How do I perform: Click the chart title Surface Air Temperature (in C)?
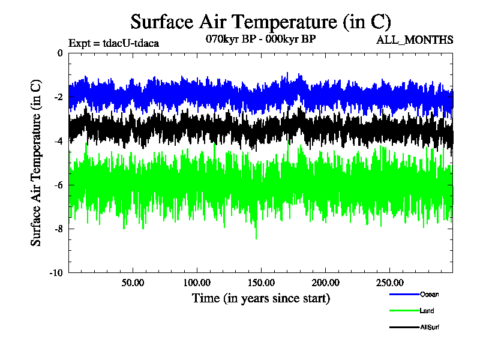[x=260, y=22]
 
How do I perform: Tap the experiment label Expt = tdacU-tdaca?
[x=113, y=43]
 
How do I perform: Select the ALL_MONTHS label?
[x=414, y=40]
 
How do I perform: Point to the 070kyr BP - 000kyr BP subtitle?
[x=260, y=38]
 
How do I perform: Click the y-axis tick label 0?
[x=59, y=53]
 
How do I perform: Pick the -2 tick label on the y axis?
[x=58, y=97]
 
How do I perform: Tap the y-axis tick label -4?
[x=58, y=141]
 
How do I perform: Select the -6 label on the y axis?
[x=58, y=185]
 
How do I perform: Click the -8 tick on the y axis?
[x=58, y=229]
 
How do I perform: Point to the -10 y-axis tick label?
[x=56, y=272]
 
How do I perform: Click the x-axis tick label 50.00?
[x=133, y=282]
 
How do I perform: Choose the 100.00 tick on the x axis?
[x=196, y=282]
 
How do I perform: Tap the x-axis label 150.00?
[x=260, y=282]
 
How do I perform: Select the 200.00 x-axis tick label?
[x=325, y=282]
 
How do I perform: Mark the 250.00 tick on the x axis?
[x=388, y=282]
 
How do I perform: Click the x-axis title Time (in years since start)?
[x=260, y=298]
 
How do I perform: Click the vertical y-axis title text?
[x=37, y=163]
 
